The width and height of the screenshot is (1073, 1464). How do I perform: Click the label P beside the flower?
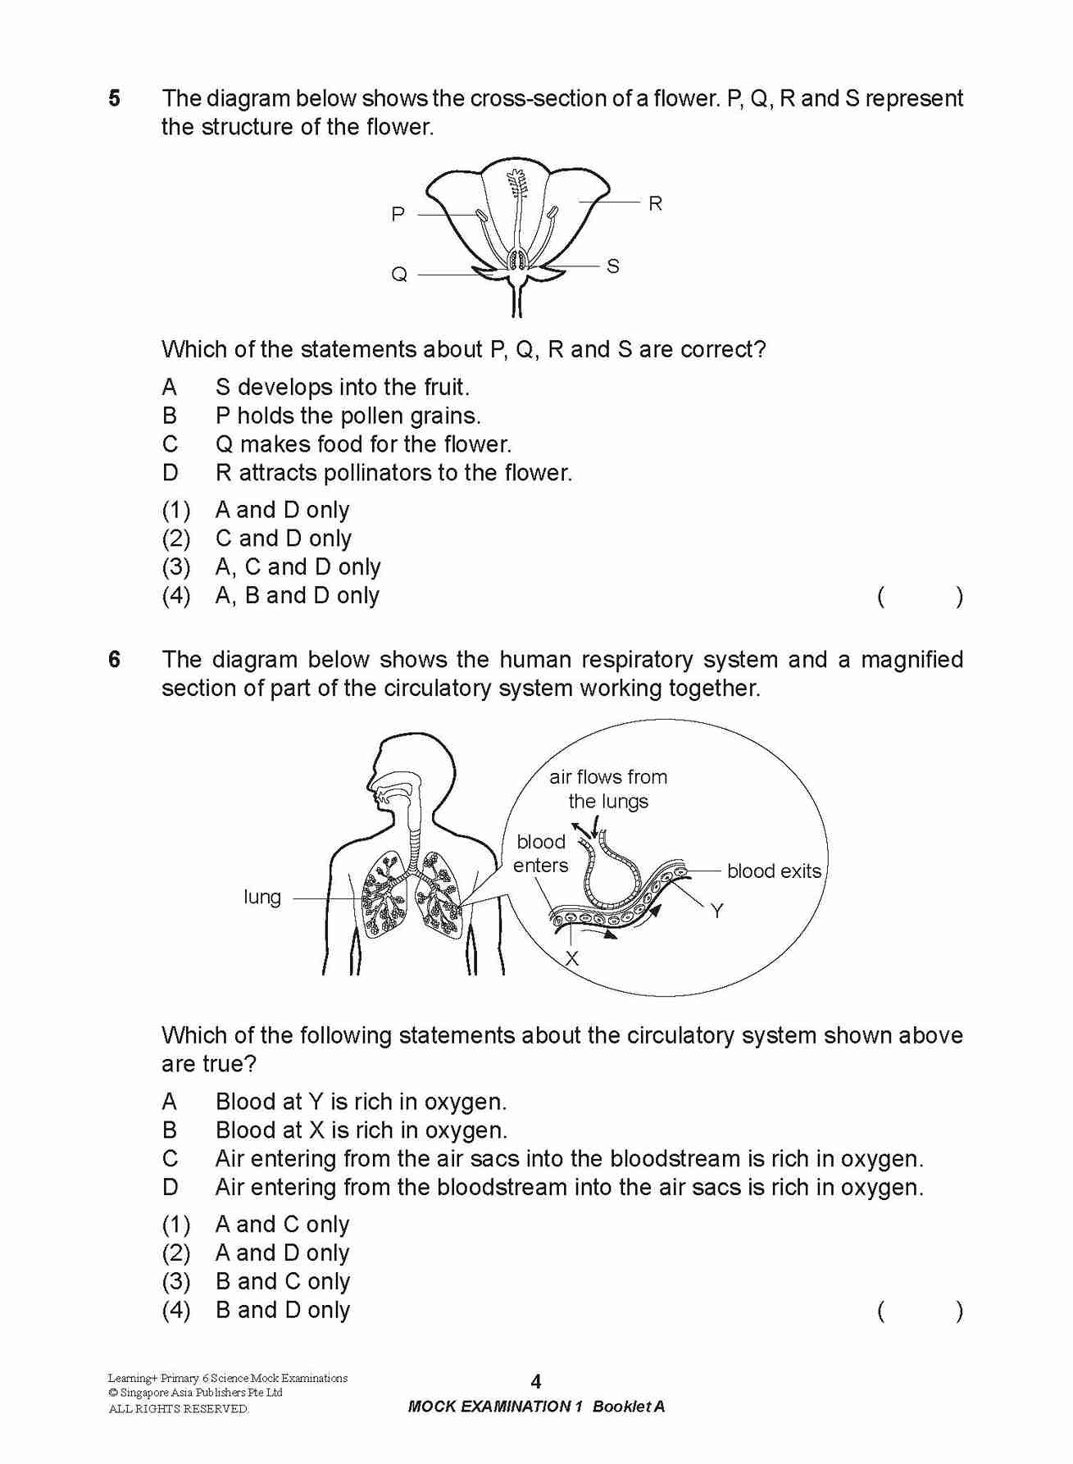[398, 215]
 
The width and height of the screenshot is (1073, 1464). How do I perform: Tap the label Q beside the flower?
[399, 275]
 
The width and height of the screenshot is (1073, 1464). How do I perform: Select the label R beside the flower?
[655, 203]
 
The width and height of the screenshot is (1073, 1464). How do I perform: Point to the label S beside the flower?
[613, 266]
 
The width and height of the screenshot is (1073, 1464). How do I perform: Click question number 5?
[114, 98]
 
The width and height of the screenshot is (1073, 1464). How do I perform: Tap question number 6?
[114, 660]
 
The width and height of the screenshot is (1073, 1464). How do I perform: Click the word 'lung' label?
[262, 897]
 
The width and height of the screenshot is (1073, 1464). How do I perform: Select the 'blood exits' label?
[774, 871]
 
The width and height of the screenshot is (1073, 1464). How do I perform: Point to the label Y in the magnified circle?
[717, 911]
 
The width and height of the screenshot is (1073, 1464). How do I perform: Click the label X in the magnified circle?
[572, 958]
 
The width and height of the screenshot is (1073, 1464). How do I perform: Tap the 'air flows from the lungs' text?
[608, 789]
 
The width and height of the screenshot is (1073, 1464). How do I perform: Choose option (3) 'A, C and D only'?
[298, 567]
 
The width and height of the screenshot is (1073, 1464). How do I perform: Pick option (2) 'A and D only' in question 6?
[282, 1253]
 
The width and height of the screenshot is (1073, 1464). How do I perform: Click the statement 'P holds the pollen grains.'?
[348, 416]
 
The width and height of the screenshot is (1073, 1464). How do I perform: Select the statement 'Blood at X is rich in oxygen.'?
[361, 1130]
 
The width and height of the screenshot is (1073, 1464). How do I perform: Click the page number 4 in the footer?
[536, 1382]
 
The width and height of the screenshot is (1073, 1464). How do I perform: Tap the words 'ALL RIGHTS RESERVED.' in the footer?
[179, 1409]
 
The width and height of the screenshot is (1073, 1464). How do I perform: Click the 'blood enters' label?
[541, 853]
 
